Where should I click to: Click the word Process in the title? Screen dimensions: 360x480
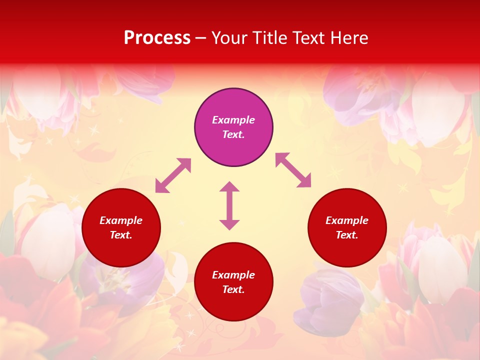click(157, 38)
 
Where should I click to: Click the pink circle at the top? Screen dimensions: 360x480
click(233, 105)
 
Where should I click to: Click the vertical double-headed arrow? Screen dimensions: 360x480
click(229, 205)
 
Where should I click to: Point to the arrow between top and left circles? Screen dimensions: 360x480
click(173, 175)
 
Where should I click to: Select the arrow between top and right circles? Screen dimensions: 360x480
click(293, 170)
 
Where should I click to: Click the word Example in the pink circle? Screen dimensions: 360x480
click(233, 120)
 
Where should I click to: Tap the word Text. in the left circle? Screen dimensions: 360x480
click(121, 235)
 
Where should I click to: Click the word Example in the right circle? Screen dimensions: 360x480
click(347, 220)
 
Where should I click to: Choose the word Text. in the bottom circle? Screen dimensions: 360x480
click(233, 289)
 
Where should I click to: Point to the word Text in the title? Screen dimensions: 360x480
click(308, 38)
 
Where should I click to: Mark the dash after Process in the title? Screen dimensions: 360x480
click(201, 38)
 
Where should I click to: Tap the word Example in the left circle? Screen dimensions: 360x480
click(121, 220)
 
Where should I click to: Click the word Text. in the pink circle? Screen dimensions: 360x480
click(233, 134)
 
